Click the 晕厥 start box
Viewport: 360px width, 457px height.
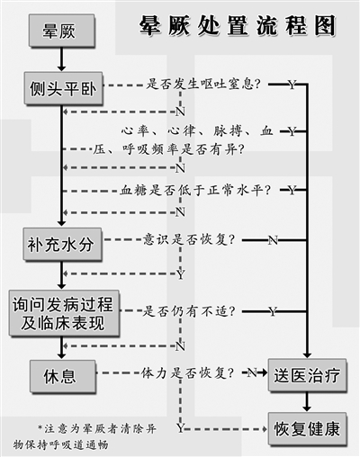[x=62, y=31]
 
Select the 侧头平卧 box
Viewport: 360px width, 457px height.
[x=63, y=88]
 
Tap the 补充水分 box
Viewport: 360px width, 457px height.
[x=62, y=244]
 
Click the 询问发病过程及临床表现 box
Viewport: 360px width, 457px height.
[x=64, y=313]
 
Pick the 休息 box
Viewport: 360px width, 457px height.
[x=63, y=376]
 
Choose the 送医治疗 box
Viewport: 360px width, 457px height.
[x=307, y=375]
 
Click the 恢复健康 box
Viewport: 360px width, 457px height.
[x=307, y=429]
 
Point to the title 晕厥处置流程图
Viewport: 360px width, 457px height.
[x=237, y=25]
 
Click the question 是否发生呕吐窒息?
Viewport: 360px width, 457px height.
[x=203, y=85]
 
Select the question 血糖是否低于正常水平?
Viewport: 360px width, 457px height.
[x=195, y=190]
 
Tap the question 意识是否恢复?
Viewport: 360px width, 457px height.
[x=189, y=239]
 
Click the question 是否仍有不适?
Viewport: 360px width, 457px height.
[x=189, y=311]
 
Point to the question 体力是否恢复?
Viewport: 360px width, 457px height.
[x=187, y=373]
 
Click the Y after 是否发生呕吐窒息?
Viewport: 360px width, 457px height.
[x=292, y=85]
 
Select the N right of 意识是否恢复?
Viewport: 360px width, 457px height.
[x=273, y=240]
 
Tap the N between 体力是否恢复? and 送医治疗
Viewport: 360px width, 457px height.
[x=252, y=372]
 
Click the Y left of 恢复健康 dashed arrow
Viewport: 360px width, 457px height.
[x=180, y=428]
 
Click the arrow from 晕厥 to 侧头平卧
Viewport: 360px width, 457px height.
[x=61, y=59]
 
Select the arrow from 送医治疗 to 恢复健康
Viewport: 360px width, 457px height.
[x=307, y=402]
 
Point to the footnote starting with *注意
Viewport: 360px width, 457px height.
[x=85, y=436]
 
